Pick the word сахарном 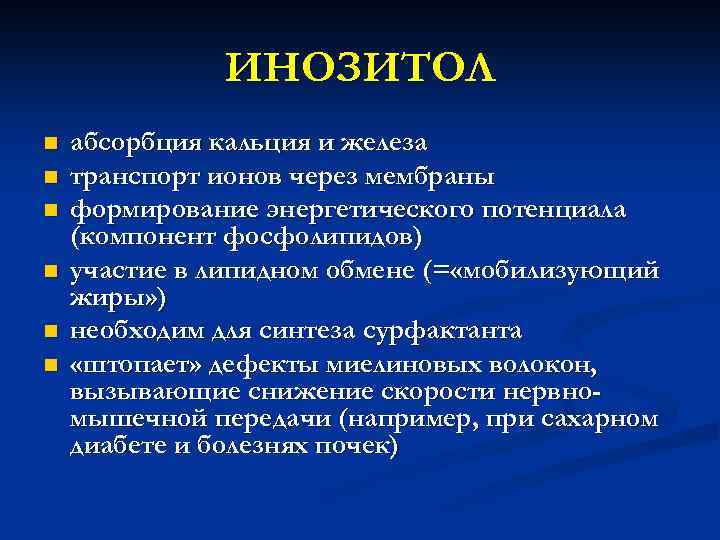pyautogui.click(x=599, y=418)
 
